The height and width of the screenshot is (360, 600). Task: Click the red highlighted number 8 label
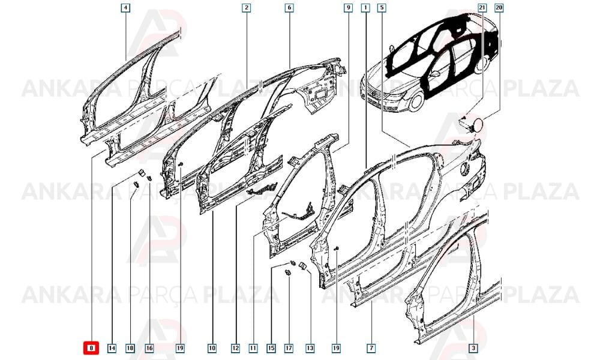(91, 348)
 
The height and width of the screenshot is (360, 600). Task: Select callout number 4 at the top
(125, 8)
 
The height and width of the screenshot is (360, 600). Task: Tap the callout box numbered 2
(247, 8)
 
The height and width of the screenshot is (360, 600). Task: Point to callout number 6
(289, 8)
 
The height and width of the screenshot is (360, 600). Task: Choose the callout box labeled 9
(348, 8)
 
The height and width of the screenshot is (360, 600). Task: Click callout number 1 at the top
(366, 8)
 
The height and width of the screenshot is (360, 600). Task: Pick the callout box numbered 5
(382, 8)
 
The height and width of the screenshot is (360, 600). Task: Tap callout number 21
(482, 8)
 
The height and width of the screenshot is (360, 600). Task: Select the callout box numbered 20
(499, 8)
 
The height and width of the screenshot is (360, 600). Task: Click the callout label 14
(112, 348)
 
